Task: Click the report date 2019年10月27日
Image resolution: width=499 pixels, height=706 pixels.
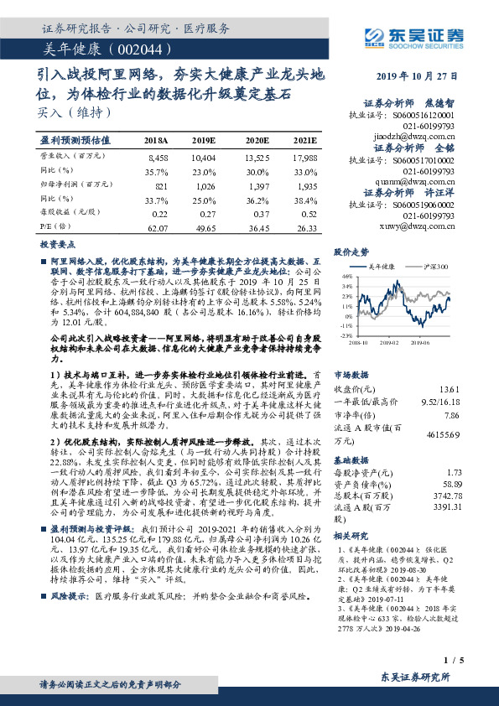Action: pos(420,75)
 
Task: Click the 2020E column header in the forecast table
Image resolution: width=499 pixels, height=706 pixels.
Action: pos(257,139)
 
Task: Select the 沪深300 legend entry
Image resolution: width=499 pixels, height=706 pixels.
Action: pos(436,267)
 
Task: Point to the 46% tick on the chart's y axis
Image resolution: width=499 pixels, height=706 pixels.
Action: pos(346,276)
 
